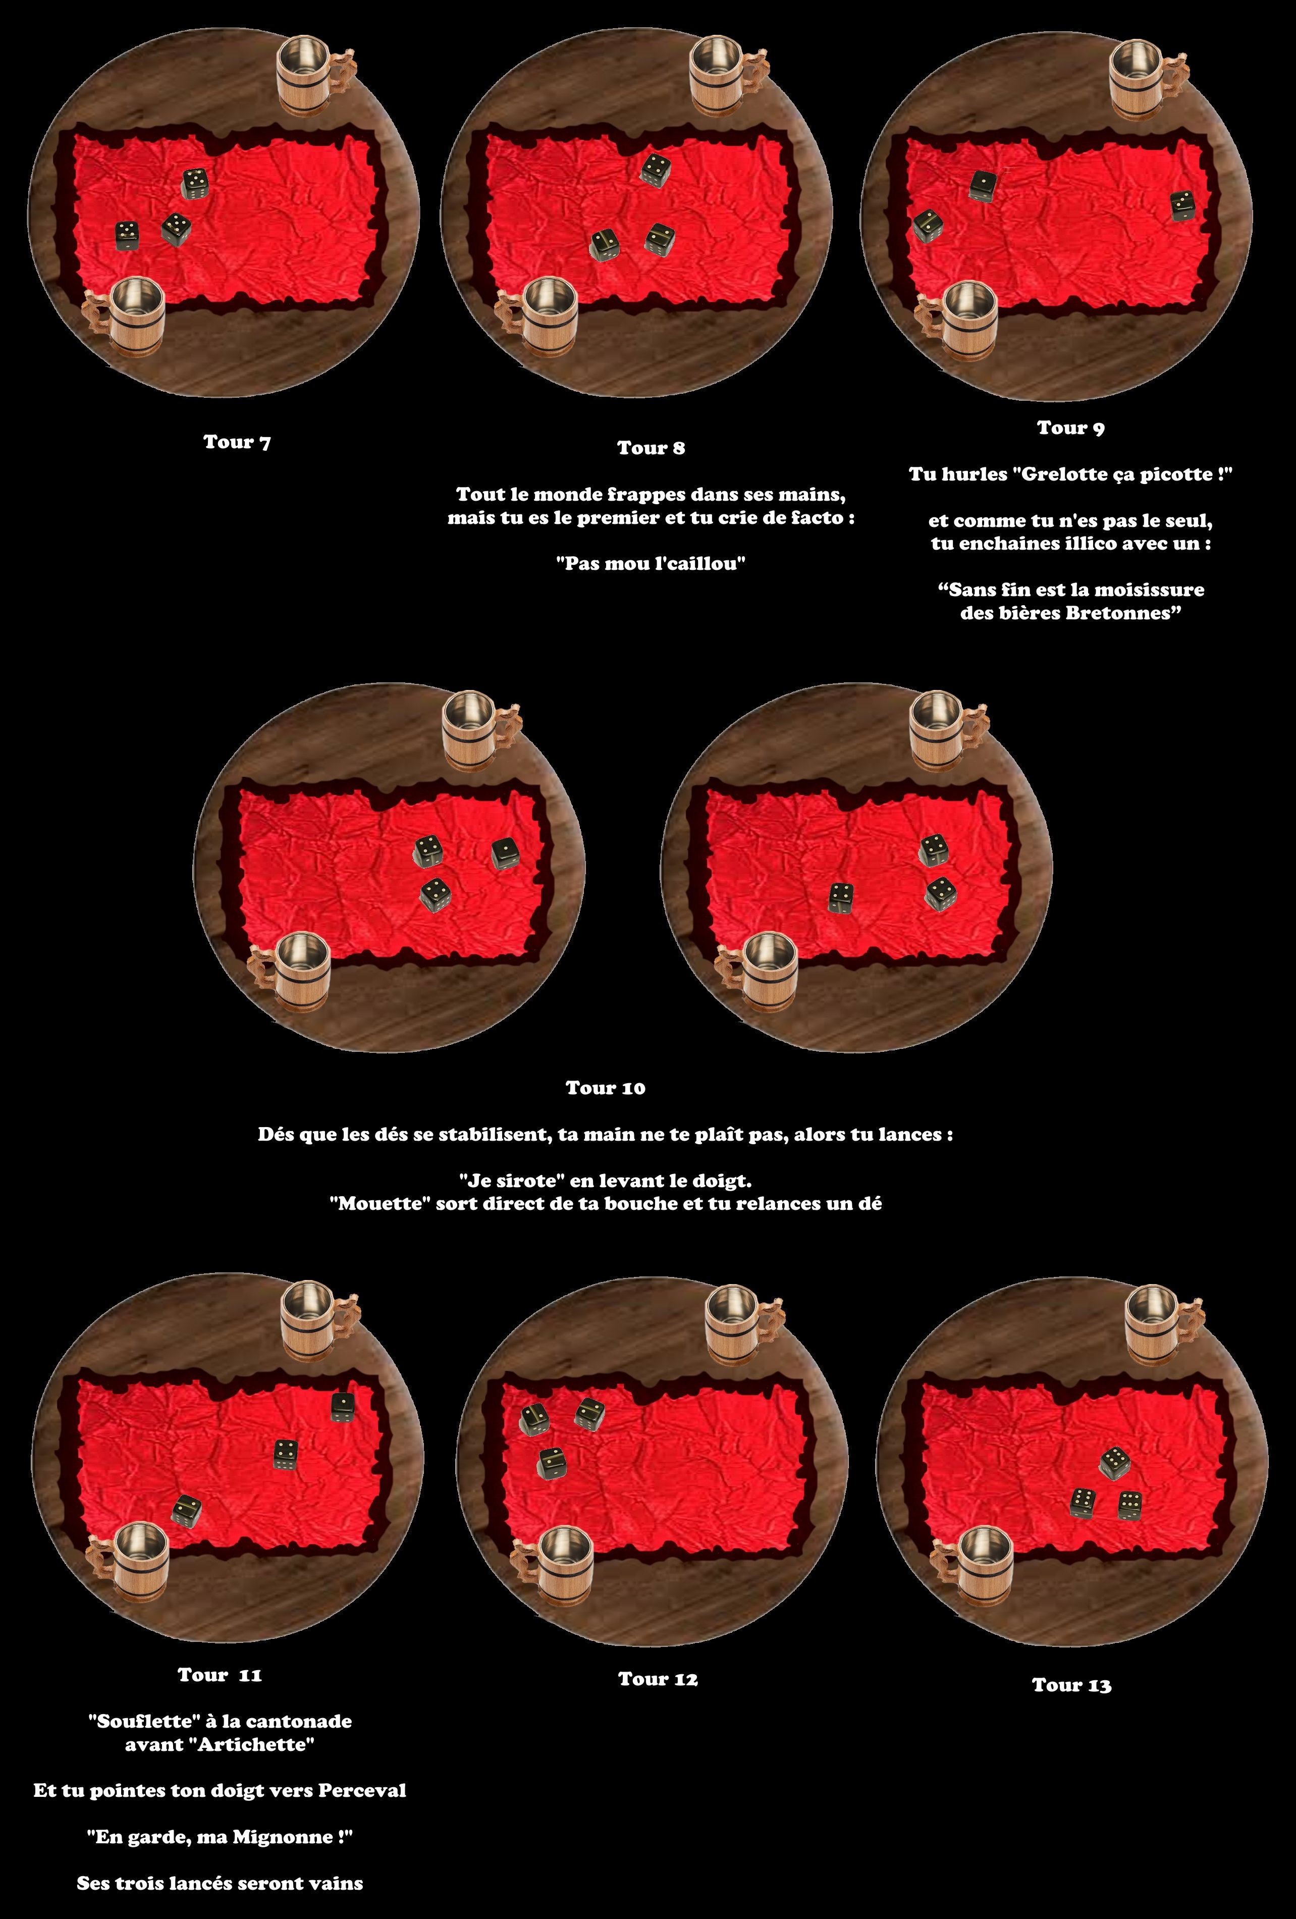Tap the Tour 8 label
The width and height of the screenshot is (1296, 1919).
pos(652,448)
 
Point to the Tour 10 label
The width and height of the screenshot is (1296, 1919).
pos(605,1088)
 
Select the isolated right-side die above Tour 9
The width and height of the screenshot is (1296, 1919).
pos(1182,205)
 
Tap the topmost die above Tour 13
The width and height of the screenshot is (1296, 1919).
pos(1114,1462)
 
